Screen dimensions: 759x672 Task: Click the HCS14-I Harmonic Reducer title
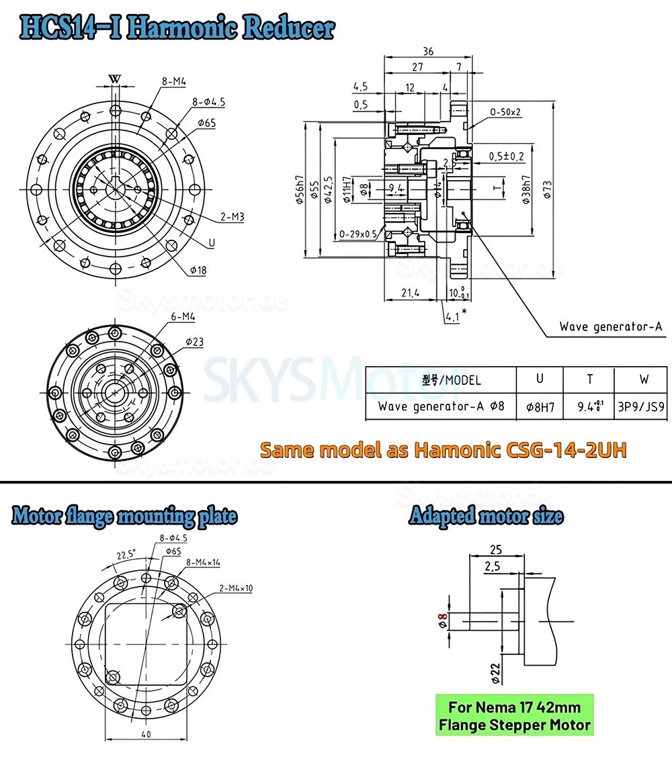point(177,28)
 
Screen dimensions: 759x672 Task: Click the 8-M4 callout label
point(173,81)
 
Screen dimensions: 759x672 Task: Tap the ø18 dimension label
point(198,270)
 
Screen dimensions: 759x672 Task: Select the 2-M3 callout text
point(233,217)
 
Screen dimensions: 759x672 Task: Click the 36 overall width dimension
point(428,50)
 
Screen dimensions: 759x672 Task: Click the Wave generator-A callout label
point(611,327)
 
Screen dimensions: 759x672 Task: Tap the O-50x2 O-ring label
point(505,112)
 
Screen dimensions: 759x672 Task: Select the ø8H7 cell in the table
point(539,406)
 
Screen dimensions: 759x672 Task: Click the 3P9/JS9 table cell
point(644,406)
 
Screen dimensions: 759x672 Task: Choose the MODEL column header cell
point(441,379)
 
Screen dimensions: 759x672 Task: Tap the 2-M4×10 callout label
point(235,588)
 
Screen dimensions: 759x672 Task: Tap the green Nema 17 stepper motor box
point(514,716)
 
